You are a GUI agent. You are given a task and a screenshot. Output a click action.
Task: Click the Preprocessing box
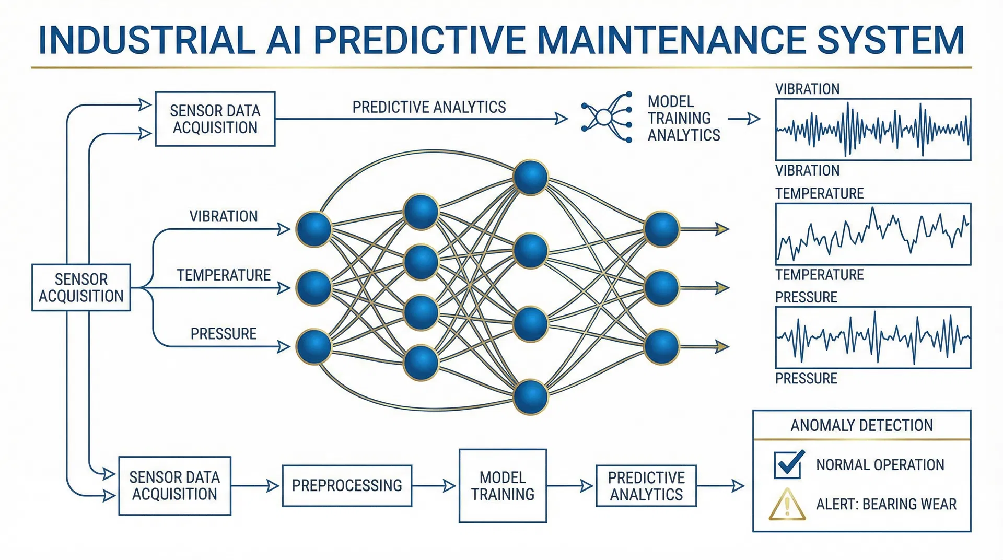pyautogui.click(x=347, y=486)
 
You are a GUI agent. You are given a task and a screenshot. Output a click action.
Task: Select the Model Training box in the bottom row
pyautogui.click(x=503, y=486)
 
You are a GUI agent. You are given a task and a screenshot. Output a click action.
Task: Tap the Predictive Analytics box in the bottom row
pyautogui.click(x=646, y=486)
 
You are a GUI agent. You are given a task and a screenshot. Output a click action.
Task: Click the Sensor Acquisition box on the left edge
pyautogui.click(x=81, y=288)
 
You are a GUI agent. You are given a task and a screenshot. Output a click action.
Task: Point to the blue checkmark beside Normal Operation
pyautogui.click(x=788, y=464)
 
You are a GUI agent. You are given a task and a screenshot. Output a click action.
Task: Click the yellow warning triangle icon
pyautogui.click(x=787, y=505)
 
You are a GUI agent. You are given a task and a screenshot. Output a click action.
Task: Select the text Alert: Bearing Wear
pyautogui.click(x=886, y=504)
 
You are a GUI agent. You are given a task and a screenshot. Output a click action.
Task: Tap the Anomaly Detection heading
pyautogui.click(x=861, y=425)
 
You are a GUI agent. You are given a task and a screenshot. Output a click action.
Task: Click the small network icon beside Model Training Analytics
pyautogui.click(x=607, y=118)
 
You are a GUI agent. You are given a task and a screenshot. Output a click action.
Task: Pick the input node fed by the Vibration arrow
pyautogui.click(x=314, y=229)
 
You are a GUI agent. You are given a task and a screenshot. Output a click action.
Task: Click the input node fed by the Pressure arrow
pyautogui.click(x=314, y=346)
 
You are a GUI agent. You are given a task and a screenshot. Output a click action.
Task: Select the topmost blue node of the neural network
pyautogui.click(x=530, y=178)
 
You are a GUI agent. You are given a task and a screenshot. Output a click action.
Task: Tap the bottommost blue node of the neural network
pyautogui.click(x=530, y=397)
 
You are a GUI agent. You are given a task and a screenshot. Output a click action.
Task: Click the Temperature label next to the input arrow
pyautogui.click(x=224, y=275)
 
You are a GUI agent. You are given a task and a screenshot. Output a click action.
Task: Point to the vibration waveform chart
pyautogui.click(x=873, y=129)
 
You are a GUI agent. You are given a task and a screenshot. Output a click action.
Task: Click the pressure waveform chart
pyautogui.click(x=873, y=337)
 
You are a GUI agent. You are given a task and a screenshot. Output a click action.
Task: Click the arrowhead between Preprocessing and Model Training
pyautogui.click(x=449, y=486)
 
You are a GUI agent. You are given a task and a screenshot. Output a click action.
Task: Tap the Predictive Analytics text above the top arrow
pyautogui.click(x=429, y=107)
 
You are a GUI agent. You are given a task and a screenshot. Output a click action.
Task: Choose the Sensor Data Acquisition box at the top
pyautogui.click(x=215, y=119)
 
